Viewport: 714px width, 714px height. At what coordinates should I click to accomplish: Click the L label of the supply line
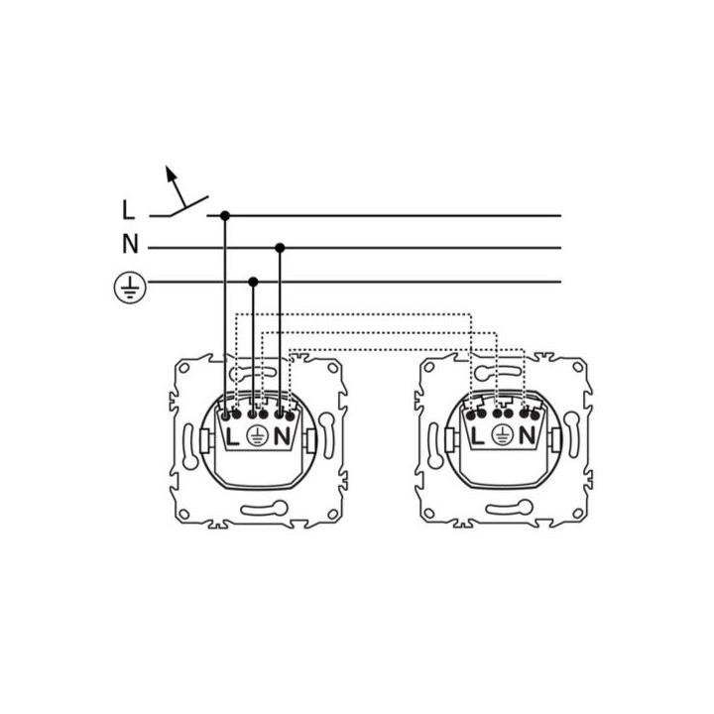[128, 210]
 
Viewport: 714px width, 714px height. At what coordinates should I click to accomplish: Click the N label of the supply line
[130, 244]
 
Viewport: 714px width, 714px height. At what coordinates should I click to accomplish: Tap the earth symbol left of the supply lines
[130, 288]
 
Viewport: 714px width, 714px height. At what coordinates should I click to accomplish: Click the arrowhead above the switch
[171, 173]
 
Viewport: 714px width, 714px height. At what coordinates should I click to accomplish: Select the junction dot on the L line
[225, 215]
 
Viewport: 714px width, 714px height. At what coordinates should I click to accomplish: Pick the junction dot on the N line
[280, 248]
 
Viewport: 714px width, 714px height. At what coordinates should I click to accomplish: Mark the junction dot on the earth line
[253, 282]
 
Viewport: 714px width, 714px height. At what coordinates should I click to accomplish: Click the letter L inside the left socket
[232, 437]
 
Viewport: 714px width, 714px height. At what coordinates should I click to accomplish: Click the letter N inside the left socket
[282, 436]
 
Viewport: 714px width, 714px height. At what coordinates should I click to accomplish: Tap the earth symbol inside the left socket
[257, 436]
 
